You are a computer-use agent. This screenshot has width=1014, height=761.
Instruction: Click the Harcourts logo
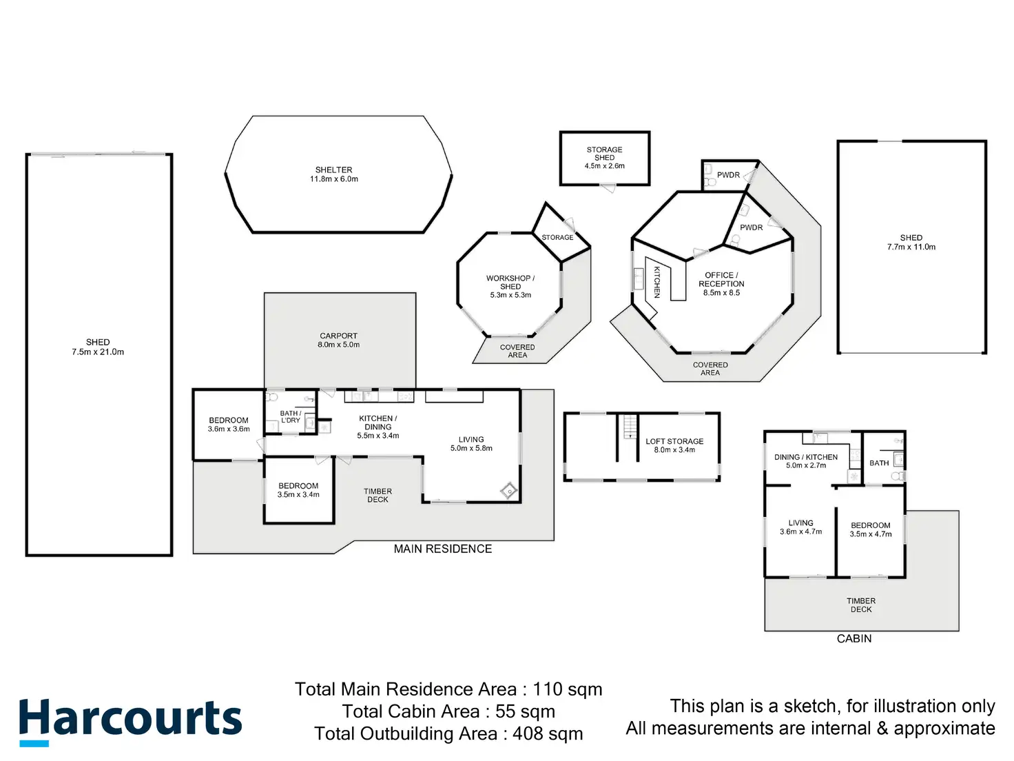click(x=130, y=721)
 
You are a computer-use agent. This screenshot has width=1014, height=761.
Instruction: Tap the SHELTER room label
click(x=334, y=170)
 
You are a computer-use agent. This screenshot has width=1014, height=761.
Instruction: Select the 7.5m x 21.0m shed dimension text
click(x=98, y=352)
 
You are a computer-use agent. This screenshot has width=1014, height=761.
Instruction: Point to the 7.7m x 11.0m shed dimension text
click(x=911, y=247)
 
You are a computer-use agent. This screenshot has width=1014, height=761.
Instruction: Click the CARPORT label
click(x=338, y=336)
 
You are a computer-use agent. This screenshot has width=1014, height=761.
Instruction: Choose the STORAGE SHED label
click(x=604, y=154)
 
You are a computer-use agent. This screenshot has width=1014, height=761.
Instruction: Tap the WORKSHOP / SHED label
click(x=510, y=283)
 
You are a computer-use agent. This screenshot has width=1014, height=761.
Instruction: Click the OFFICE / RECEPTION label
click(x=721, y=279)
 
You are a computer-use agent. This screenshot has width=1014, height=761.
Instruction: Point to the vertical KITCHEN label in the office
click(x=657, y=282)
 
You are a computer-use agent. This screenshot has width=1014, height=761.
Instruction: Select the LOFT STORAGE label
click(x=674, y=441)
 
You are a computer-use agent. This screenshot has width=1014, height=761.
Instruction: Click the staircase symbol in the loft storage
click(x=628, y=427)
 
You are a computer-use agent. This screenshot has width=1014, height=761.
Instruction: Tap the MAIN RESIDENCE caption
click(x=443, y=549)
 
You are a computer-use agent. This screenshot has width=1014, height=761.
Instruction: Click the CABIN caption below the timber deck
click(x=854, y=639)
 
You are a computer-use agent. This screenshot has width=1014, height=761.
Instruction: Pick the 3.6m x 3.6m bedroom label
click(x=229, y=425)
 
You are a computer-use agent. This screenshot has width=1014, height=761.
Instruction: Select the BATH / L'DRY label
click(x=291, y=417)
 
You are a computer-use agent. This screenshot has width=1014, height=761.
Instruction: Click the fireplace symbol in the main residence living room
click(x=508, y=491)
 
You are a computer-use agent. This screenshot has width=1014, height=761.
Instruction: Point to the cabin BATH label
click(x=879, y=463)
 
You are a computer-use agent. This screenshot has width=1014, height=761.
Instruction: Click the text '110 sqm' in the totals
click(x=568, y=690)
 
